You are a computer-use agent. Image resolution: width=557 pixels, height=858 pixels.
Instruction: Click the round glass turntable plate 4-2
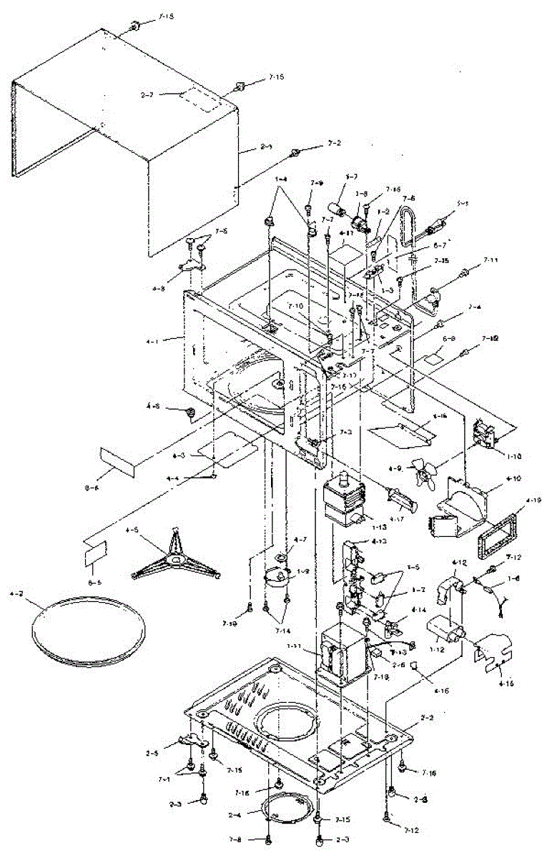click(x=88, y=628)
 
